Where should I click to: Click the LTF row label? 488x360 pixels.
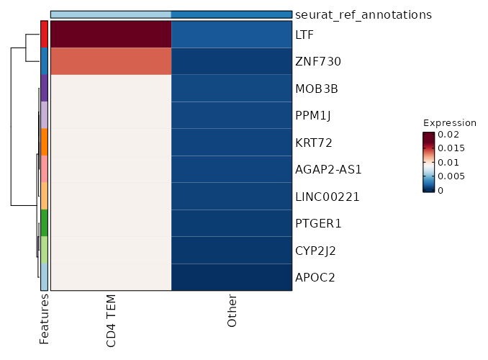[304, 35]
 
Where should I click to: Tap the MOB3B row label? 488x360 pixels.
[317, 89]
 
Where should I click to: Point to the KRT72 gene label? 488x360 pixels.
[313, 143]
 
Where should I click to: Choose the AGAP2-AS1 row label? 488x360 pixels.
[328, 170]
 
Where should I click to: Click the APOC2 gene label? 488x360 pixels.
[314, 277]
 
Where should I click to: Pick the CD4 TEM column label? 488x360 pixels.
[112, 320]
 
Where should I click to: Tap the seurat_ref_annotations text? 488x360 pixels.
[363, 14]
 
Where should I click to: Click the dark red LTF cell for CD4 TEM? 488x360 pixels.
[111, 35]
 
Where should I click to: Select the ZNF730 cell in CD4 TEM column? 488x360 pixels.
[111, 62]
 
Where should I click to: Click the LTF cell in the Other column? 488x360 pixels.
[232, 35]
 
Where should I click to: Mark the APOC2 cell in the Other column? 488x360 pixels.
[232, 277]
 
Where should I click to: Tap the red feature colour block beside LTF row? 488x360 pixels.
[44, 35]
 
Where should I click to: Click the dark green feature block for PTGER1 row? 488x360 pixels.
[44, 223]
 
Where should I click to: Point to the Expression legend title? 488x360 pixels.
[449, 122]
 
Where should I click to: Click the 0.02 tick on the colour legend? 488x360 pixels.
[450, 135]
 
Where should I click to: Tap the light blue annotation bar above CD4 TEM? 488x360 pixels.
[111, 14]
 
